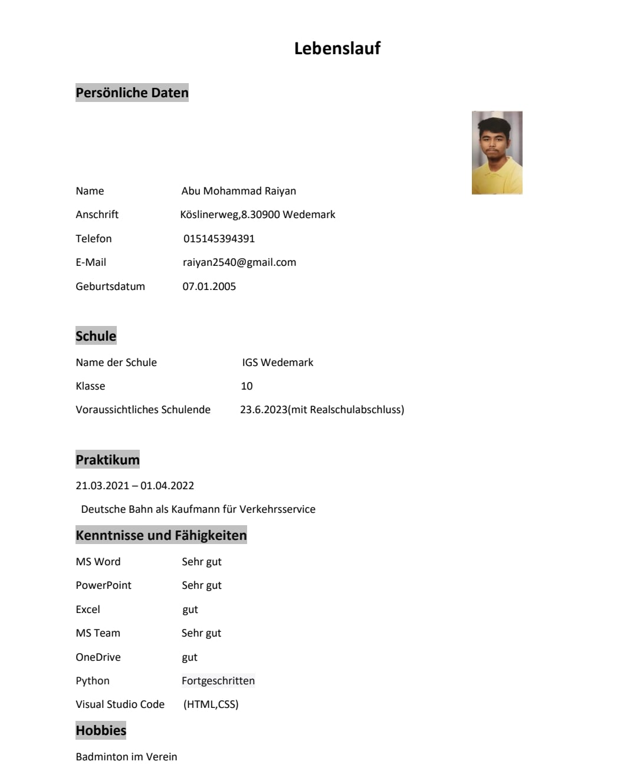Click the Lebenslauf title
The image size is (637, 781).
tap(337, 48)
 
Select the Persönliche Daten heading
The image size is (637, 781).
tap(132, 93)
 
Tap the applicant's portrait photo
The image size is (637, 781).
tap(497, 153)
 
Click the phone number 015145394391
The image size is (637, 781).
tap(219, 239)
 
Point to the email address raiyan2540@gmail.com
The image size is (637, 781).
tap(239, 262)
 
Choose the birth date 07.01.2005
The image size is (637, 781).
tap(209, 286)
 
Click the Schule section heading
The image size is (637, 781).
tap(96, 336)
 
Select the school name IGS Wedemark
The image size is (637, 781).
tap(277, 363)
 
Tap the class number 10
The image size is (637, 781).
tap(247, 386)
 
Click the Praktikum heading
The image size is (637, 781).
tap(107, 460)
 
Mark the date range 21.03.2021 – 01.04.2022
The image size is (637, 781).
tap(134, 486)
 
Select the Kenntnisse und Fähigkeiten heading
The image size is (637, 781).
tap(161, 535)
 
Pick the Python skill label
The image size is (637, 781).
tap(93, 681)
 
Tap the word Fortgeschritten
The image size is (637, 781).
tap(218, 681)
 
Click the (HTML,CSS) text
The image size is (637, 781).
tap(211, 704)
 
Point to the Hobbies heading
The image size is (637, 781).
tap(101, 730)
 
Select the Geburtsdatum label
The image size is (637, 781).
tap(110, 286)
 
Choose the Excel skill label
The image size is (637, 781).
tap(88, 609)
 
